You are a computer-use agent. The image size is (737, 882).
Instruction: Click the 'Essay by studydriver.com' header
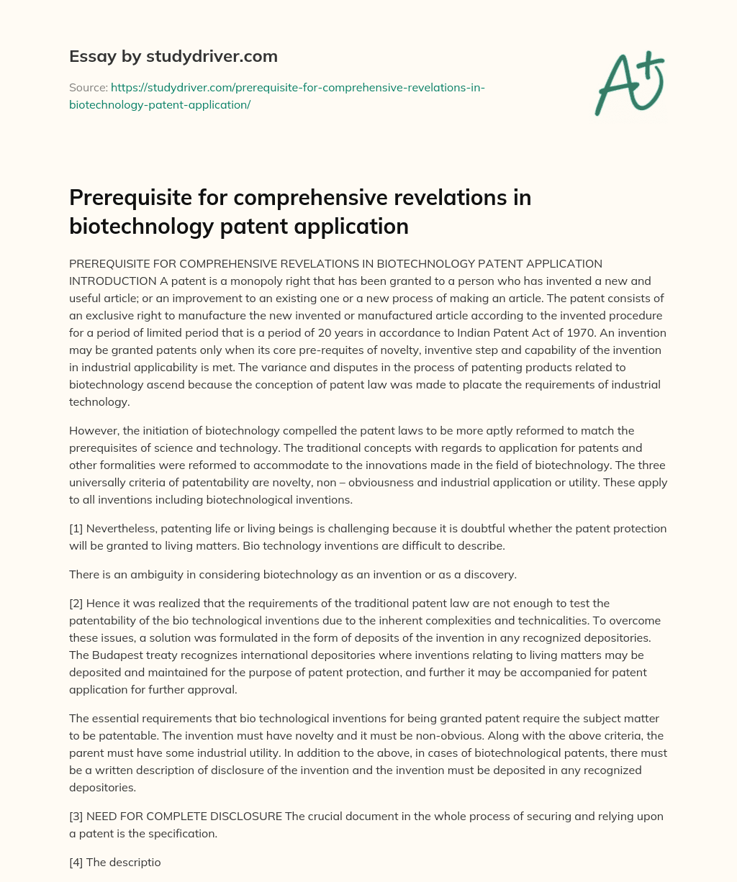[173, 56]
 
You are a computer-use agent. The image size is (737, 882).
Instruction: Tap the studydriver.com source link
[277, 96]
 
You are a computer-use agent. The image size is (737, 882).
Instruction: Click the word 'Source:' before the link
[88, 88]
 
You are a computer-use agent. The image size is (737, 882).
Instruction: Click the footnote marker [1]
[76, 528]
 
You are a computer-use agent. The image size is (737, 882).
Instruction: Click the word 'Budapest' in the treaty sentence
[117, 655]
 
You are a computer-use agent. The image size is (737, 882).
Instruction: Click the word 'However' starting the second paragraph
[94, 430]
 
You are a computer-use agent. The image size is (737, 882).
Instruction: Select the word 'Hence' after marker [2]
[103, 603]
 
